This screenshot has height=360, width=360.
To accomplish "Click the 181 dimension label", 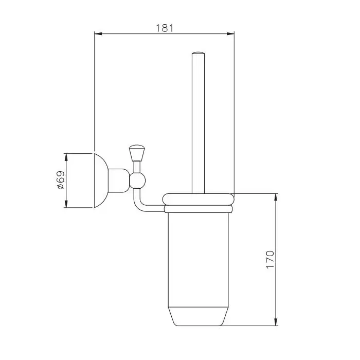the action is (x=165, y=28).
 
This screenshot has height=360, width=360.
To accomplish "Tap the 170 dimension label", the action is (x=270, y=260).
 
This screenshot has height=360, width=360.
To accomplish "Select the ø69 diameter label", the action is (x=61, y=180).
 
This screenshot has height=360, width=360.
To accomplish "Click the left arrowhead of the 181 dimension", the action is (x=98, y=34).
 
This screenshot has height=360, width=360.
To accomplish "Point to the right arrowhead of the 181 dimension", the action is (x=230, y=34).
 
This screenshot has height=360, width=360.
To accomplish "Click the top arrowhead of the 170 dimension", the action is (x=276, y=197).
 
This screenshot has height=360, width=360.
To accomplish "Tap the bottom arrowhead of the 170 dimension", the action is (x=276, y=322).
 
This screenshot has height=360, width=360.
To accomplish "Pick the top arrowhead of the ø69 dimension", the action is (x=66, y=157).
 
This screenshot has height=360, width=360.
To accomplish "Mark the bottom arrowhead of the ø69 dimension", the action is (x=66, y=204).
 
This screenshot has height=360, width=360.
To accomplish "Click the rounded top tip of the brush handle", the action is (x=198, y=53).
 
